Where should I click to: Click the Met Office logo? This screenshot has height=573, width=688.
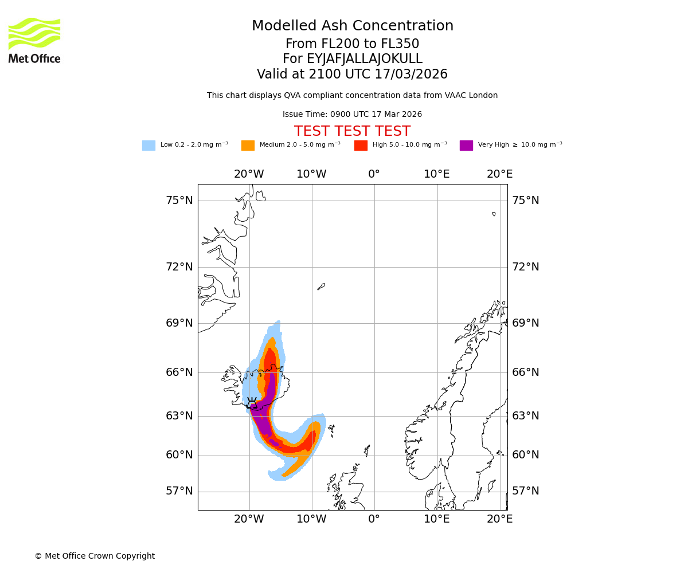(x=34, y=40)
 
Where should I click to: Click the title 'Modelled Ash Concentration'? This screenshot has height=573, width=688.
(x=353, y=26)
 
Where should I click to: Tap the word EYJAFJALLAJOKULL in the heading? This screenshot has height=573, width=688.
(x=365, y=59)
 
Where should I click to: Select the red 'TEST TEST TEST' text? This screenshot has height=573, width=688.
(x=352, y=132)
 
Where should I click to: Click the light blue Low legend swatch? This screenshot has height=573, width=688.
(x=148, y=146)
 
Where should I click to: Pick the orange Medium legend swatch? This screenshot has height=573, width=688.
(x=248, y=146)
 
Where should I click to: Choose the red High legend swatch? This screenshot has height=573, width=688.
(x=361, y=146)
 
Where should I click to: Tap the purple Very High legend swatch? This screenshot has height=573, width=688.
(x=466, y=146)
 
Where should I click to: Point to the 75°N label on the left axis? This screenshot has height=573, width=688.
(x=179, y=201)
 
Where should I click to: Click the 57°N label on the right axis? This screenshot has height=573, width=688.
(x=525, y=491)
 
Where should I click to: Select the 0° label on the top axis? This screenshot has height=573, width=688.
(x=374, y=174)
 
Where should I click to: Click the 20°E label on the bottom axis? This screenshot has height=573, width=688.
(x=499, y=520)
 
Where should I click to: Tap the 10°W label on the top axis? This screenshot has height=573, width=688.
(x=311, y=174)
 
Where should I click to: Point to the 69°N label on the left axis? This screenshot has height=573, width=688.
(x=179, y=323)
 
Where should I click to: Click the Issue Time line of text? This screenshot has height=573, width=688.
(x=352, y=115)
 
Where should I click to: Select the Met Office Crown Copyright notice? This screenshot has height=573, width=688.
(x=95, y=556)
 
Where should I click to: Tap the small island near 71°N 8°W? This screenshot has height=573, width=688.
(x=321, y=286)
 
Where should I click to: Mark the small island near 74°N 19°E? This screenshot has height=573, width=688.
(x=494, y=214)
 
